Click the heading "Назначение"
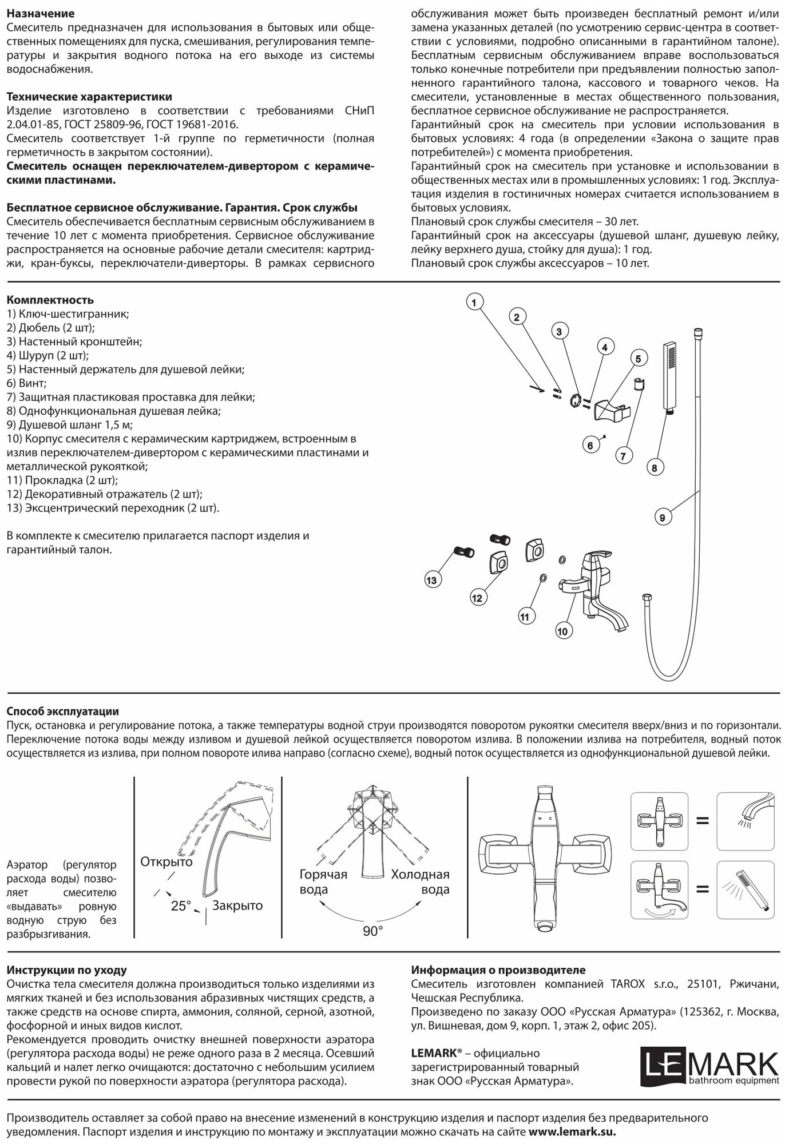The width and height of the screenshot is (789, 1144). (x=40, y=13)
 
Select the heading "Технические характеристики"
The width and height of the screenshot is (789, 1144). (x=89, y=97)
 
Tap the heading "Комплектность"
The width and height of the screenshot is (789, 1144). (x=50, y=300)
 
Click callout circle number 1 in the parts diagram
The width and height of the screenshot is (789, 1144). (x=475, y=301)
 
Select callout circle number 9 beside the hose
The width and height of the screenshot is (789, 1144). (x=662, y=518)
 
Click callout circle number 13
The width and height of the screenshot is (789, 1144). (x=431, y=581)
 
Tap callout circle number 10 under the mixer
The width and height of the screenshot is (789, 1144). (x=562, y=631)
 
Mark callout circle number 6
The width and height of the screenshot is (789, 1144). (x=591, y=445)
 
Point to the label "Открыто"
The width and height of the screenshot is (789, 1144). (x=166, y=861)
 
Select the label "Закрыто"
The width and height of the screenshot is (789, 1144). (x=237, y=905)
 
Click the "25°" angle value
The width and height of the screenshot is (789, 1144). (x=181, y=906)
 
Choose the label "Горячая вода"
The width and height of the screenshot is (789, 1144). (x=323, y=881)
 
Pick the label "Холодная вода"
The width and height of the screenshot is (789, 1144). (x=420, y=881)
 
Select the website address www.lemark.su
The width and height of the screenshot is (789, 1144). (x=572, y=1131)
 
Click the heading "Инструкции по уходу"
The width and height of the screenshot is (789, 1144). (x=66, y=970)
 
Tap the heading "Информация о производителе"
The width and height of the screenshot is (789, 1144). (x=498, y=970)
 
